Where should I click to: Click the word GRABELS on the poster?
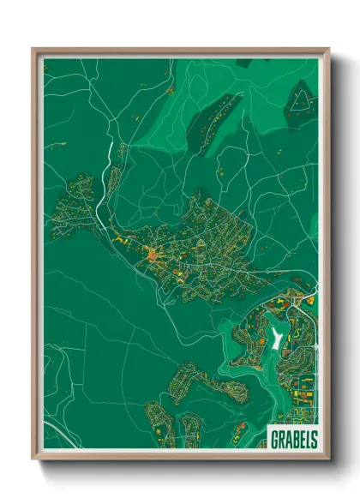pyautogui.click(x=291, y=438)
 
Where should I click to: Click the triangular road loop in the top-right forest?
pyautogui.click(x=300, y=100)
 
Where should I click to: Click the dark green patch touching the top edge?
pyautogui.click(x=244, y=63)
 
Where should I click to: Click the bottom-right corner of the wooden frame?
pyautogui.click(x=328, y=460)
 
